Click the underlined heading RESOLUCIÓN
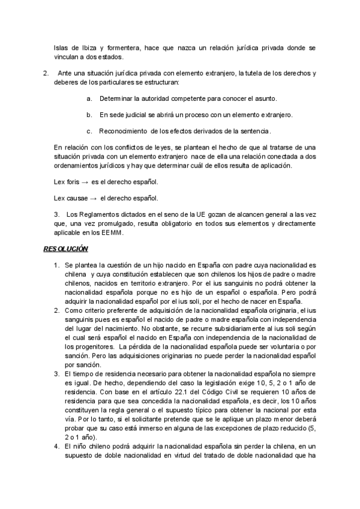(65, 248)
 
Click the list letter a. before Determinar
(89, 98)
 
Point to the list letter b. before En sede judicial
(89, 114)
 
